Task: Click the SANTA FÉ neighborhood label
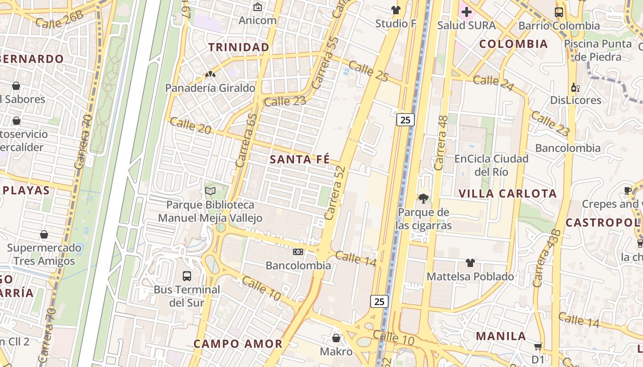pos(299,160)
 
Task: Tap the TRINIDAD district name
pos(239,47)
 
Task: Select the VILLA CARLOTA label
pos(508,194)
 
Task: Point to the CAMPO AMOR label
pos(238,344)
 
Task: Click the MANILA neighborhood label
pos(501,336)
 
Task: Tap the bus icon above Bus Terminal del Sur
pos(187,276)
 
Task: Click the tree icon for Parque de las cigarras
pos(423,199)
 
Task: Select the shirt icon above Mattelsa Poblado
pos(470,263)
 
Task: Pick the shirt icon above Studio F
pos(395,10)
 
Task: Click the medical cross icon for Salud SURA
pos(467,12)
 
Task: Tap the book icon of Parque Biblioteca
pos(210,191)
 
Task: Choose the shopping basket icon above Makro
pos(336,339)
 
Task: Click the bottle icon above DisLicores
pos(575,87)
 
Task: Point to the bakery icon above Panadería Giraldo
pos(210,74)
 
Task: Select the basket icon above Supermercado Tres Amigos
pos(44,235)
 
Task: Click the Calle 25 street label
pos(368,71)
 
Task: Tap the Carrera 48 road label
pos(441,143)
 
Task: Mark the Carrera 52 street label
pos(334,193)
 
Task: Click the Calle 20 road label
pos(190,126)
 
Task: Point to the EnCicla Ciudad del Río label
pos(491,165)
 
